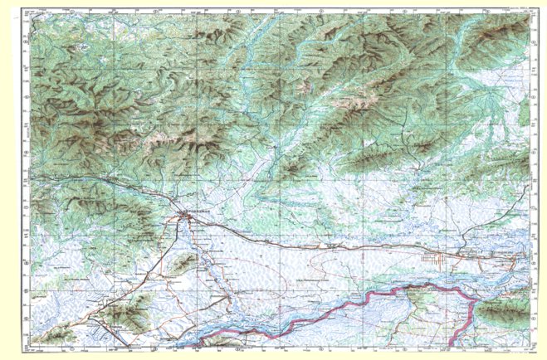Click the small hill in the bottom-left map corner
(58, 334)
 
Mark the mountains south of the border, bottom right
(502, 311)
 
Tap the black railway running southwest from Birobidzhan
(133, 286)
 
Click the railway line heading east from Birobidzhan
(274, 241)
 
